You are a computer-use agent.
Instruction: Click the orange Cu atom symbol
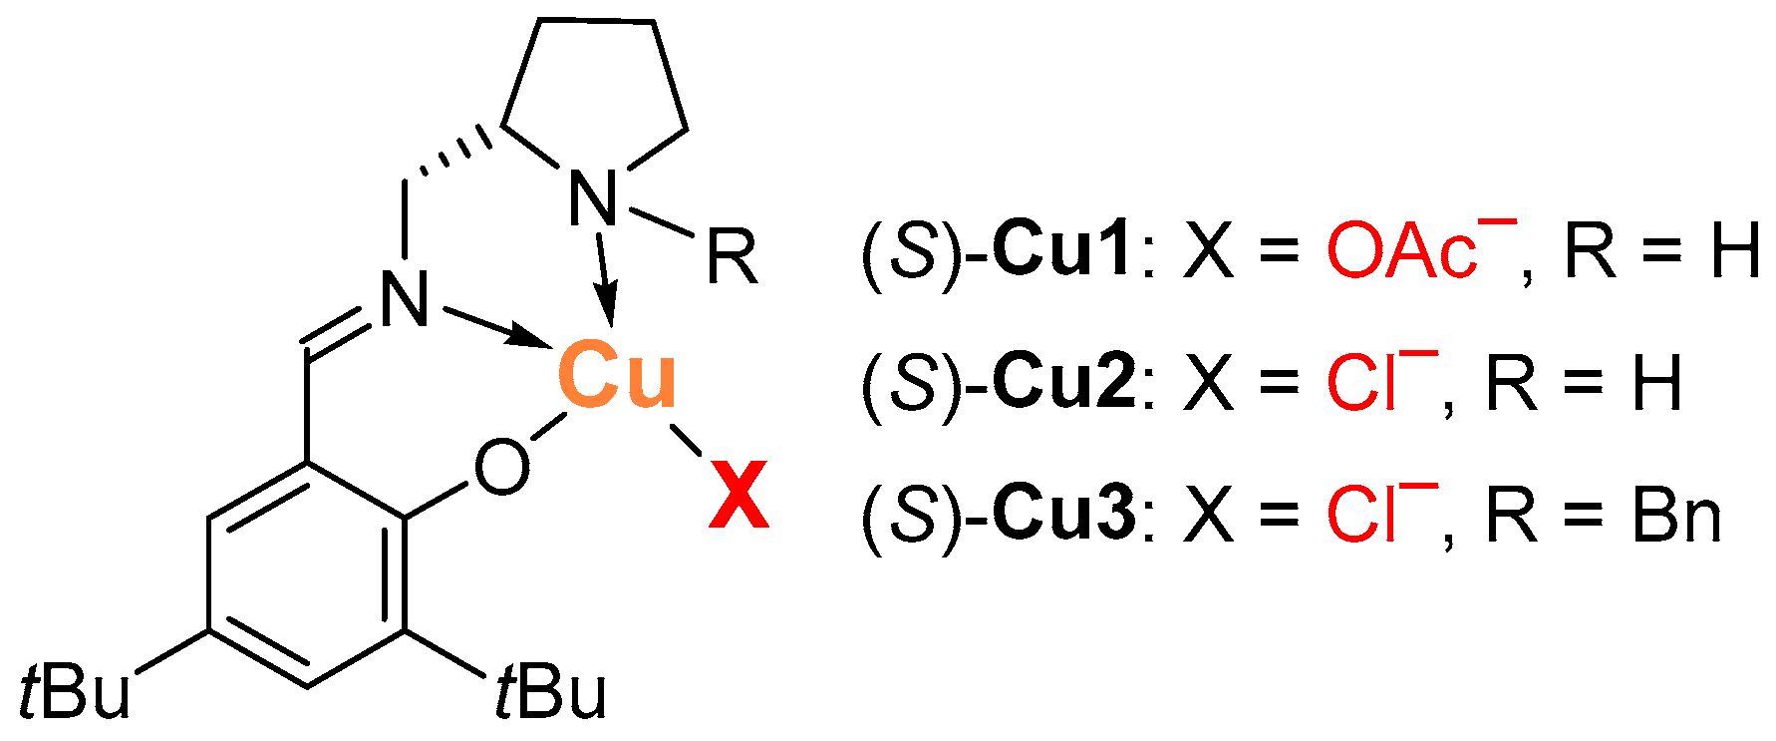(617, 376)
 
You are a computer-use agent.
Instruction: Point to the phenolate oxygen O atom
(501, 467)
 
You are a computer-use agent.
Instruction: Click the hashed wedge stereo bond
(453, 155)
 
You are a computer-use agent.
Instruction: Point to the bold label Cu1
(1063, 250)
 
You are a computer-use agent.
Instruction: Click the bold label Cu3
(1063, 516)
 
